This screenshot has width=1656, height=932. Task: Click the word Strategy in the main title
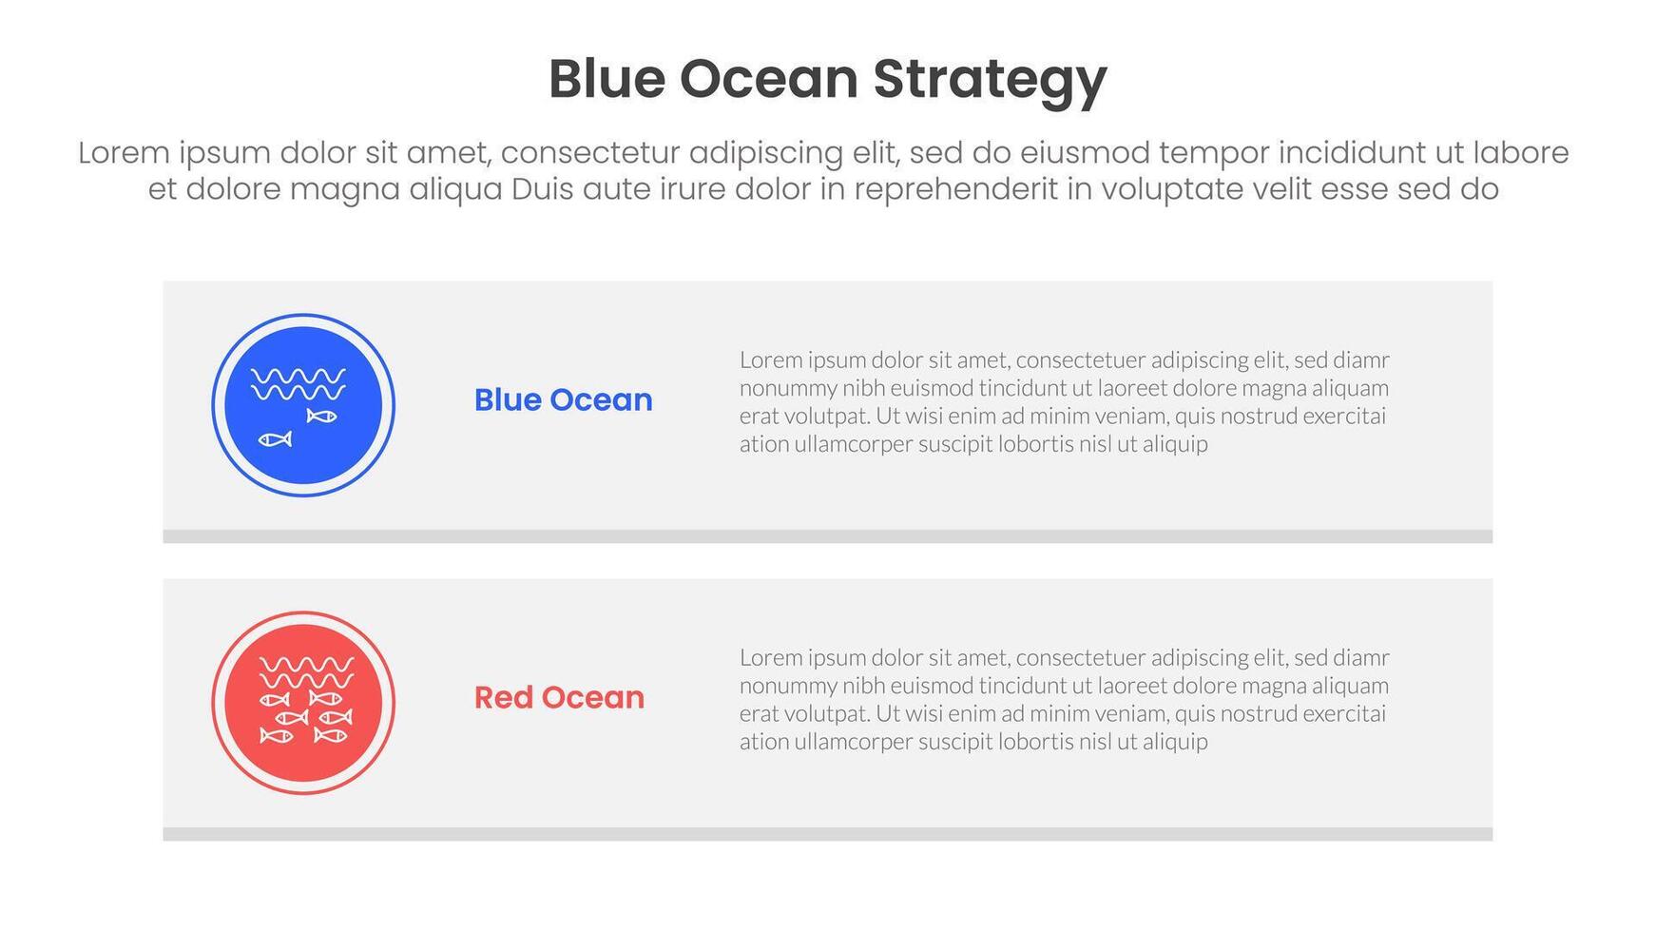(990, 81)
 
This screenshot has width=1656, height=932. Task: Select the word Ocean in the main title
(769, 79)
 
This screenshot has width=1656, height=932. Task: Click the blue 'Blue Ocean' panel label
(564, 399)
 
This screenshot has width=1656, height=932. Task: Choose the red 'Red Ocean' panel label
(559, 697)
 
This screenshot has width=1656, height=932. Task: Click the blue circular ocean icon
(303, 405)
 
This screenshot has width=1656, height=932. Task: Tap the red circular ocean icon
(303, 703)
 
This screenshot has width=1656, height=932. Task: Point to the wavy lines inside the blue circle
(298, 384)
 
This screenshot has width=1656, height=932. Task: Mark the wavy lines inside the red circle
(307, 672)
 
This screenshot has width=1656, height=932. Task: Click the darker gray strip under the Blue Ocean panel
(828, 536)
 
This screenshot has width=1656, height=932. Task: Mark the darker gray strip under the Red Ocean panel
(828, 834)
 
